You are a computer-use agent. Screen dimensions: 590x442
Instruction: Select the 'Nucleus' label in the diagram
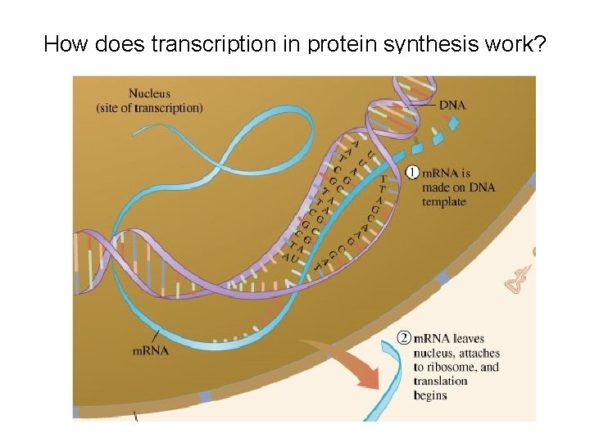[x=151, y=94]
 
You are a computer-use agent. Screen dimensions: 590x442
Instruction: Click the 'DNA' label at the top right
[x=452, y=105]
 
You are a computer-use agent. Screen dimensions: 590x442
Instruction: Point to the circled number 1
[x=413, y=173]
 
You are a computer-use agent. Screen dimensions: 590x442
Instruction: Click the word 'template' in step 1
[x=445, y=201]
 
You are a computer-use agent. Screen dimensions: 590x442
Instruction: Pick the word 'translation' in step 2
[x=441, y=381]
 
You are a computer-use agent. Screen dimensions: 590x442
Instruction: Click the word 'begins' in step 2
[x=430, y=395]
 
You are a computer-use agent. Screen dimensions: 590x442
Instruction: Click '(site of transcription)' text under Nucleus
[x=149, y=108]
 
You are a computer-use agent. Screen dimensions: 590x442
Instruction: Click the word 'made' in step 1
[x=436, y=187]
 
